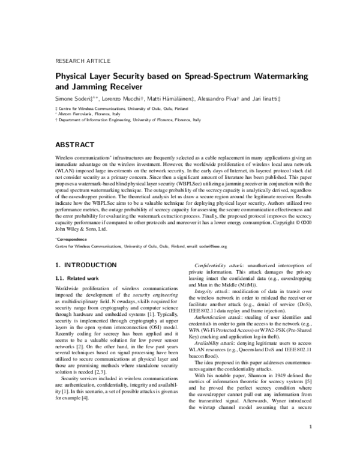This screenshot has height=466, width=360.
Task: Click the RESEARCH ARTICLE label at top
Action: pos(82,61)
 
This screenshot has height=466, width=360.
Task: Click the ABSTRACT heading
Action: pos(74,145)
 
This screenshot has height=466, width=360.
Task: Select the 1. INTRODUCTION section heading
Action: pos(85,265)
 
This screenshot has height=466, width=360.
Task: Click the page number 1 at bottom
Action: pos(308,444)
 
